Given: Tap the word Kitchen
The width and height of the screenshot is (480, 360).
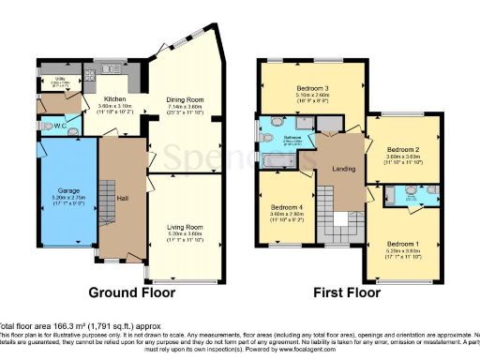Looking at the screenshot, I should pos(115,98).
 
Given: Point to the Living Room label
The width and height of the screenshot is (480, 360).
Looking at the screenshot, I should pos(186,227).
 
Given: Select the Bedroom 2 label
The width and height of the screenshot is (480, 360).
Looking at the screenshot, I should pos(402,149).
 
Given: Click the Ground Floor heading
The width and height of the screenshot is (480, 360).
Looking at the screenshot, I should pos(127,292).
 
